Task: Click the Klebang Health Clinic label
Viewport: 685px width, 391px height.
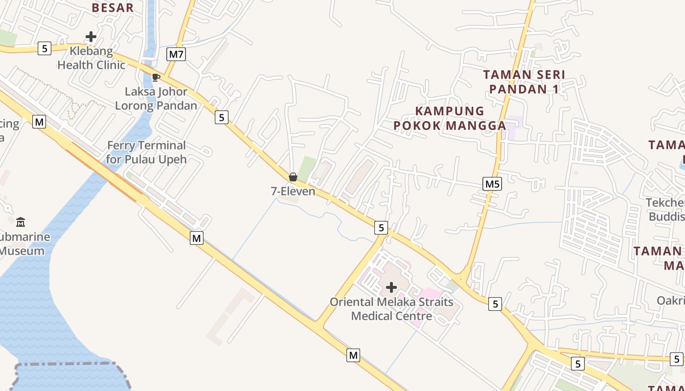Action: point(91,58)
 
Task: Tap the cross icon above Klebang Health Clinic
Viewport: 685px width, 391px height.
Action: point(91,37)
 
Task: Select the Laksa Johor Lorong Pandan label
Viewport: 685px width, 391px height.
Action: point(156,98)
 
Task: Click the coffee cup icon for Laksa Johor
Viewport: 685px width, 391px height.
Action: point(156,77)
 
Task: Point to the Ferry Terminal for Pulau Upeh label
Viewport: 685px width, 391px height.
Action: point(146,152)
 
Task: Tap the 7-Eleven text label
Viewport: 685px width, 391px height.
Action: point(293,191)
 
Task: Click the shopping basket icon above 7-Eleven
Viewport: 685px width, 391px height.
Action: point(293,177)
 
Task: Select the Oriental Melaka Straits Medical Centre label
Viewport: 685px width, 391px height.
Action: point(391,309)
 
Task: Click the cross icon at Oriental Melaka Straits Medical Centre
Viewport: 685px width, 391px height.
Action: point(391,287)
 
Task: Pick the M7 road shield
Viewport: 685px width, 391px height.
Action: point(176,54)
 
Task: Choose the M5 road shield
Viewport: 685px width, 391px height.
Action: point(492,184)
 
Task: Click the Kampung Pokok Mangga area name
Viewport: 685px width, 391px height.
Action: point(450,118)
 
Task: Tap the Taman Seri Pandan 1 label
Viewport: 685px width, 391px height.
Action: point(524,82)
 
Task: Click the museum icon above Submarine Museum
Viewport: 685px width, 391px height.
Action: point(21,222)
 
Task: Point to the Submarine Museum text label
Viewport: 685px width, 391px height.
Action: point(24,244)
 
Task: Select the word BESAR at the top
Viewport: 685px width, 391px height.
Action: point(113,8)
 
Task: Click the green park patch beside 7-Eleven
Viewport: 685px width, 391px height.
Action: point(307,167)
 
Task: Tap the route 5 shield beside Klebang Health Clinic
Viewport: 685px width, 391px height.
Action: point(45,48)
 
